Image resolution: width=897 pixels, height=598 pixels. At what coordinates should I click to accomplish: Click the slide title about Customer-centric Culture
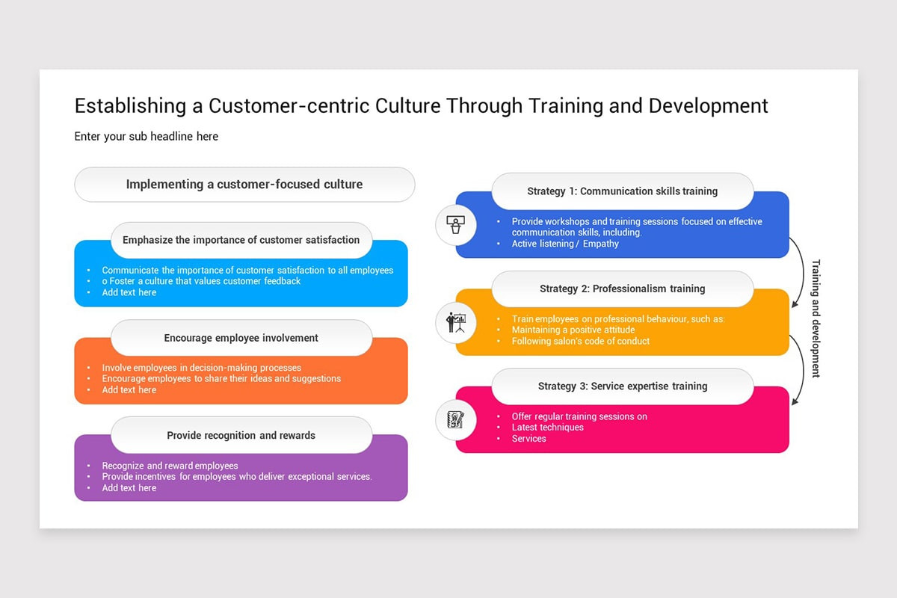[421, 105]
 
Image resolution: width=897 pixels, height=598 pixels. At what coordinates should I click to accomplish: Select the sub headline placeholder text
[147, 136]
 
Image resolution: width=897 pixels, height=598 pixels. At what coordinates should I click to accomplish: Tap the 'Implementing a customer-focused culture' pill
[244, 185]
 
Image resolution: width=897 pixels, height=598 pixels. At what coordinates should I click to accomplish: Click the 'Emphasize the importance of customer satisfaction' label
[241, 240]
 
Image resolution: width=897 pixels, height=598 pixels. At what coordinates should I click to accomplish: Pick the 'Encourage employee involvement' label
[241, 338]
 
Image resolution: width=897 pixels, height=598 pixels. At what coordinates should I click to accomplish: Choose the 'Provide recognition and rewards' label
[241, 435]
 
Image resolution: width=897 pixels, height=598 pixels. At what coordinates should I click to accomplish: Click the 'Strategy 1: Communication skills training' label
[622, 191]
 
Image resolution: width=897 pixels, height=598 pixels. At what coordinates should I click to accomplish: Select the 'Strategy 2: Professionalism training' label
[622, 289]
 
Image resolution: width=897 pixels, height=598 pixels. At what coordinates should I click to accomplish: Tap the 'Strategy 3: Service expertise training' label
[622, 386]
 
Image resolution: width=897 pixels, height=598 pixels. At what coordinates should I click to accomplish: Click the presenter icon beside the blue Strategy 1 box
[456, 224]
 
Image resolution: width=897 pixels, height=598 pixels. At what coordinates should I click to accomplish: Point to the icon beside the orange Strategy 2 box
[456, 322]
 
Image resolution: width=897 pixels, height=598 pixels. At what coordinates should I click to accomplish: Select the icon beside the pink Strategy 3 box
[456, 419]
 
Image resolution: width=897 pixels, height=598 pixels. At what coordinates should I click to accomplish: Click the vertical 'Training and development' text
[816, 318]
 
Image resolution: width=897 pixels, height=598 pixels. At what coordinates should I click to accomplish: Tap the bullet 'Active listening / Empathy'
[565, 244]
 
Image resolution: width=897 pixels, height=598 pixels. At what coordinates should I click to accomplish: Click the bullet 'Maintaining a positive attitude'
[573, 330]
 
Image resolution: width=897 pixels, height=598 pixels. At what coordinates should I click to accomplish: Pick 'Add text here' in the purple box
[129, 488]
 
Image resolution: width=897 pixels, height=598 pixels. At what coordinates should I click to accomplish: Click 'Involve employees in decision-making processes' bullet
[202, 368]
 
